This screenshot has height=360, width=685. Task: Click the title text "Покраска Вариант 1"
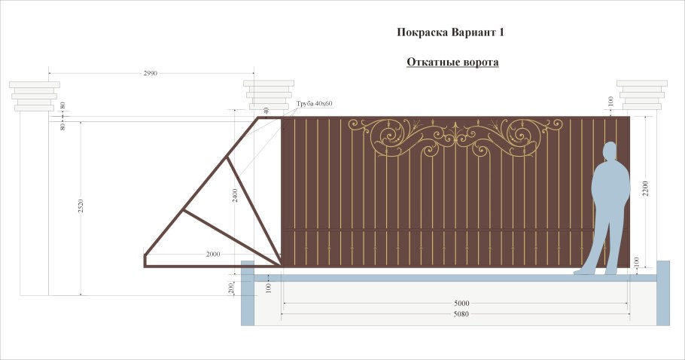pos(450,33)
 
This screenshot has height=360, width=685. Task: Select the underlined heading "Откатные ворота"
pos(452,62)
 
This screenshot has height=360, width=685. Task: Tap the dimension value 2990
pos(151,73)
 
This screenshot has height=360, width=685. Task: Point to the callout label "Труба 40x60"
pos(314,103)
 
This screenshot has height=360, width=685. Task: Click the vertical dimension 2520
pos(81,206)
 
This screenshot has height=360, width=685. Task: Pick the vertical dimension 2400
pos(235,196)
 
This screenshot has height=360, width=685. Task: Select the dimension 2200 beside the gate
pos(646,188)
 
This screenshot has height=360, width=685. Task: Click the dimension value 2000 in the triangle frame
pos(213,254)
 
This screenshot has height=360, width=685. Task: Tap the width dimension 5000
pos(461,304)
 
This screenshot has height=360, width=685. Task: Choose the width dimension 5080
pos(461,314)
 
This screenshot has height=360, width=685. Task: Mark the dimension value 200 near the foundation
pos(231,288)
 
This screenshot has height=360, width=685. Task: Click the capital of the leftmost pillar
pos(34,96)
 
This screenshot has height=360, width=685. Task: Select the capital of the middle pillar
pos(269,95)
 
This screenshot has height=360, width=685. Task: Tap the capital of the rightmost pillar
pos(642,95)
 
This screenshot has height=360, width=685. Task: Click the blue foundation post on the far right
pos(662,293)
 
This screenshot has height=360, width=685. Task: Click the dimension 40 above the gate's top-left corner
pos(266,111)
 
